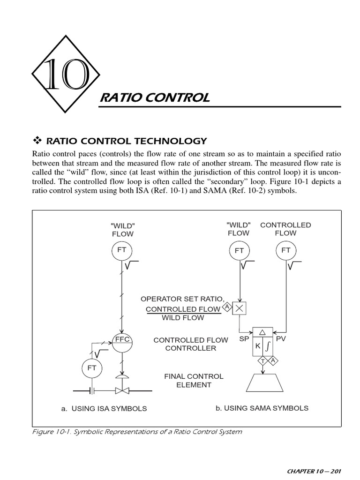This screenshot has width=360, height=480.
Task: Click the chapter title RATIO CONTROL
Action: click(155, 98)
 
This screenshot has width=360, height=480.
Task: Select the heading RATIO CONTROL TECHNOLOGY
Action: click(124, 140)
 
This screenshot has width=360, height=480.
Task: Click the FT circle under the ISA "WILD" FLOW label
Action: click(122, 250)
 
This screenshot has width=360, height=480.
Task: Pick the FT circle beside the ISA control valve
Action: click(91, 368)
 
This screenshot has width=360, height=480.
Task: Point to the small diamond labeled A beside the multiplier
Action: click(227, 307)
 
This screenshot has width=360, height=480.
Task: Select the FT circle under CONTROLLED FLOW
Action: click(286, 250)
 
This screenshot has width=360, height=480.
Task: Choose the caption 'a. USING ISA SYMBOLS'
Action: click(104, 408)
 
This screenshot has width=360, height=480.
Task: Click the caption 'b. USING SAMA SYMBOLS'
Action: click(262, 408)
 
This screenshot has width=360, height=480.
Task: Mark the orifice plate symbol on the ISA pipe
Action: click(93, 390)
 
